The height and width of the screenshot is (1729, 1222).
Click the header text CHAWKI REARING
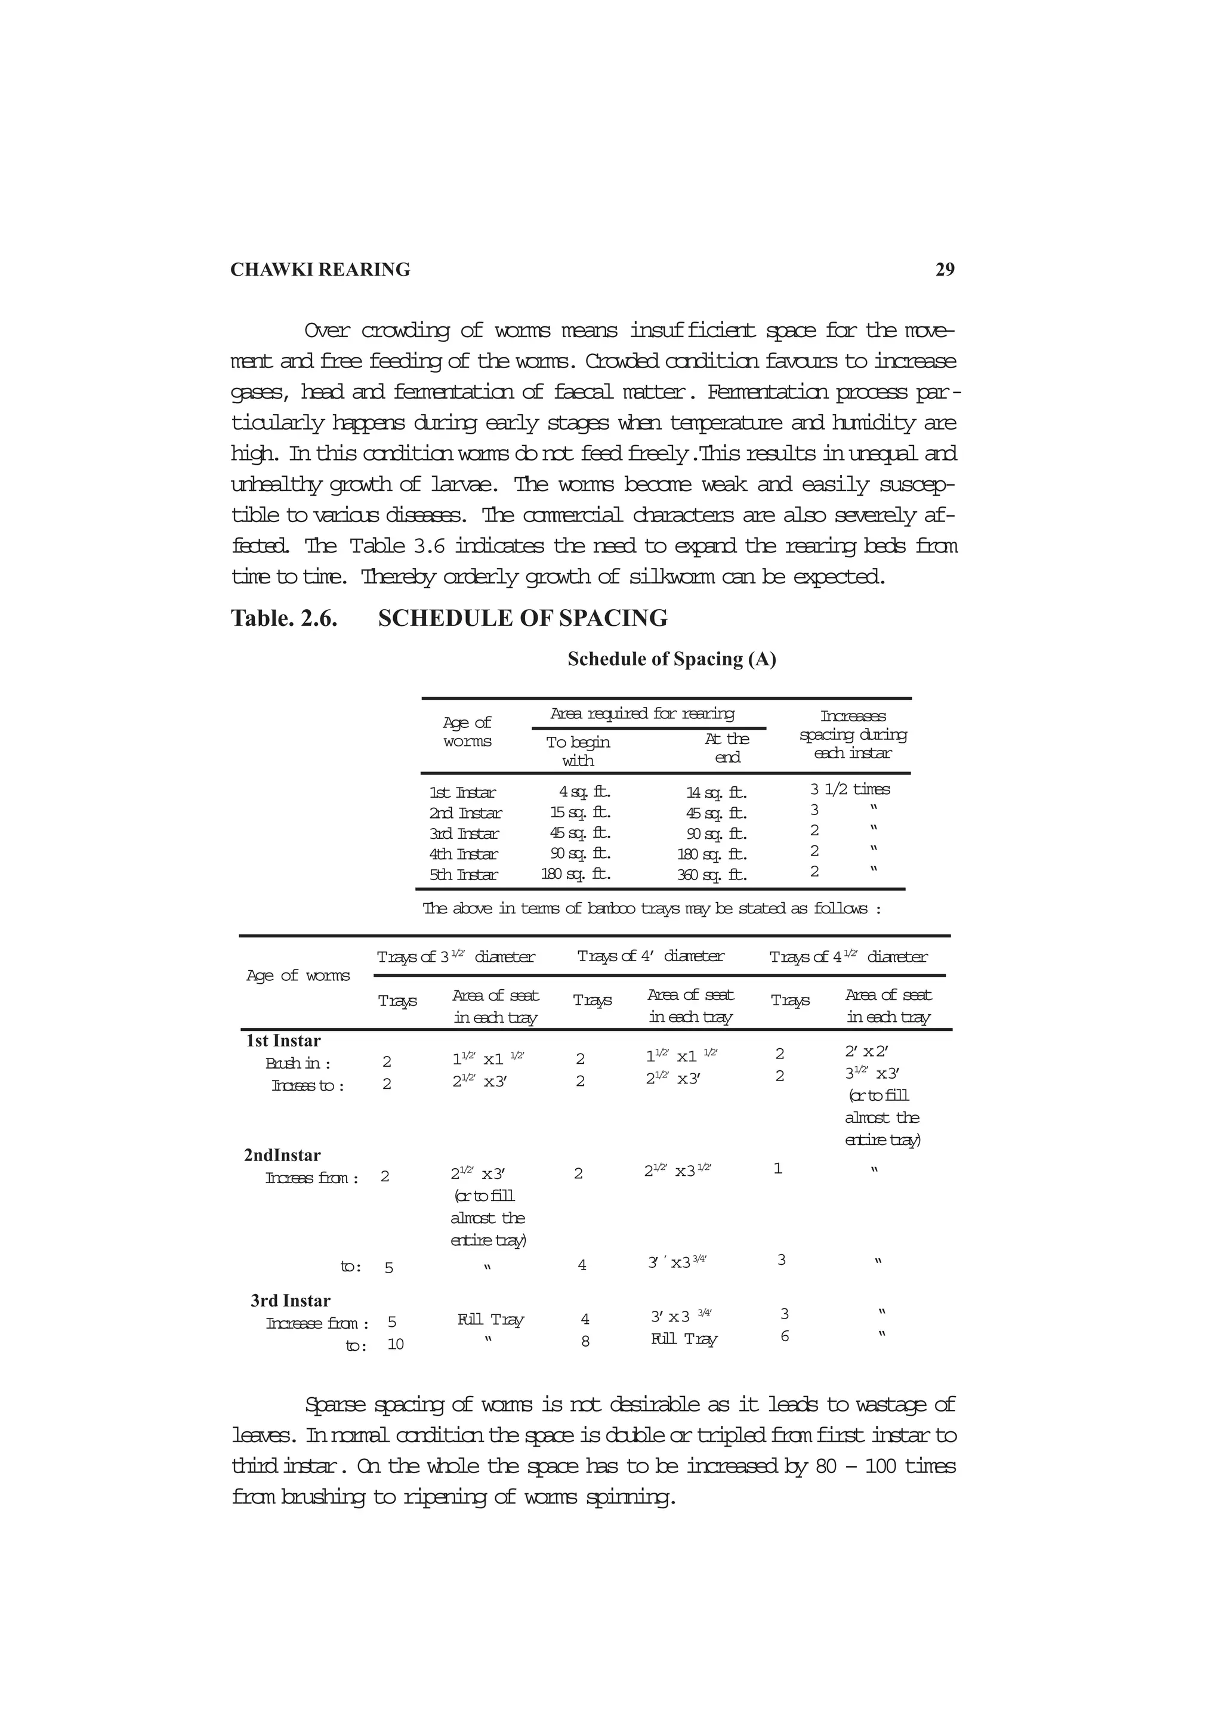tap(320, 270)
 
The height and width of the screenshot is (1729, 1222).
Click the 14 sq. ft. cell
tap(716, 792)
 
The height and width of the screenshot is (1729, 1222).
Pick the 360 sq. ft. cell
tap(711, 875)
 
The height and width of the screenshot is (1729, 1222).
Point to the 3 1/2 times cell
tap(850, 789)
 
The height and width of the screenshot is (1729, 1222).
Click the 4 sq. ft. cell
tap(584, 792)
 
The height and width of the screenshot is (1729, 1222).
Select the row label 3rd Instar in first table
tap(464, 833)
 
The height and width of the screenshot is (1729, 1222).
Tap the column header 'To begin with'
tap(578, 751)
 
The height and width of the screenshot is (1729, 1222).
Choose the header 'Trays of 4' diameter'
tap(650, 956)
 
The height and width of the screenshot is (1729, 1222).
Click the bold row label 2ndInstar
tap(282, 1155)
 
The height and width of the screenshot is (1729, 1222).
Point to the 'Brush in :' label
tap(298, 1063)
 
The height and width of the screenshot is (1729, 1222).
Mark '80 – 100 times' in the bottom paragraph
tap(885, 1466)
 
